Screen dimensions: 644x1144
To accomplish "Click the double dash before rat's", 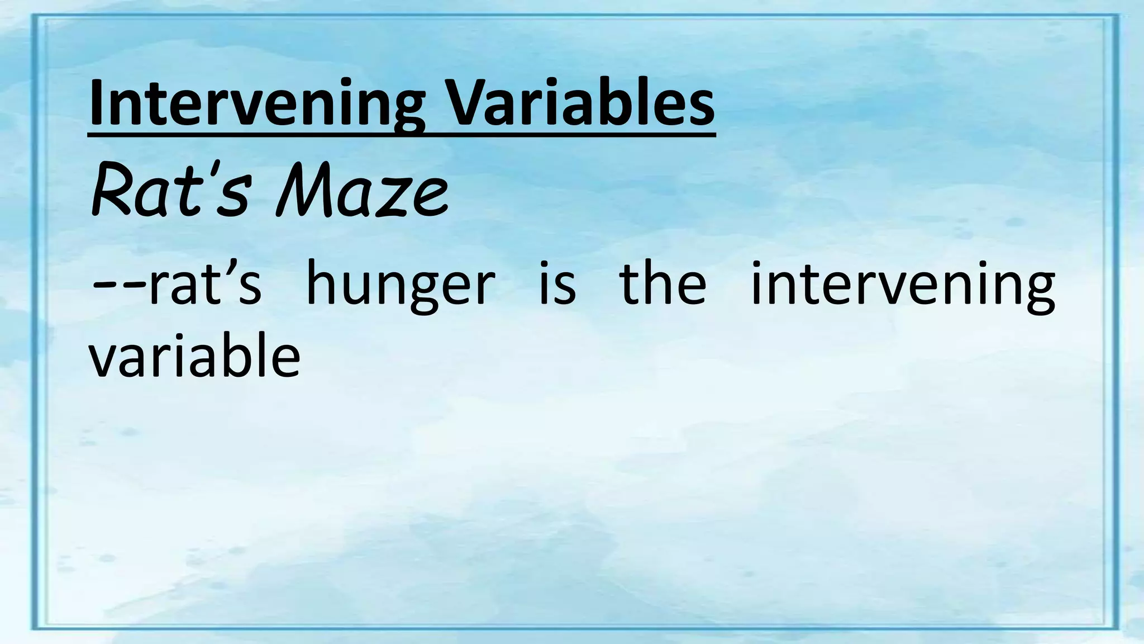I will tap(118, 285).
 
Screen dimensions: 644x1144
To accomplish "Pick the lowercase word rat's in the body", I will tap(204, 285).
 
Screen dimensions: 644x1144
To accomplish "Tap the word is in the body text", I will tap(557, 285).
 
